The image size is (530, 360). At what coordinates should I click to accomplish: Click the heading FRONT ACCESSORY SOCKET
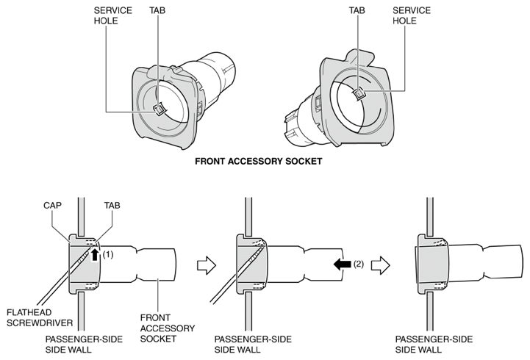[x=258, y=162]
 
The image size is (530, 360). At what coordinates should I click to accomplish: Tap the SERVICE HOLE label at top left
[x=112, y=15]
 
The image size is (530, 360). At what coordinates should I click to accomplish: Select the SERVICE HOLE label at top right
[x=412, y=15]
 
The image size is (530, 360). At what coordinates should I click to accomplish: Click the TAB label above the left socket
[x=157, y=10]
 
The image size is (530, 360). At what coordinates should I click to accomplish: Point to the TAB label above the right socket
[x=357, y=10]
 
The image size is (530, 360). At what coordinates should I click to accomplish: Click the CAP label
[x=52, y=205]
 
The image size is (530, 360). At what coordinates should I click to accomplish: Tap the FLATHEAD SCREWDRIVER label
[x=40, y=318]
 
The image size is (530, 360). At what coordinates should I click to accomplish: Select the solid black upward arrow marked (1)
[x=95, y=255]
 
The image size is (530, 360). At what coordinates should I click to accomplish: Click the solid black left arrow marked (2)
[x=343, y=264]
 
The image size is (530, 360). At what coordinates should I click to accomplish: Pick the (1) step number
[x=108, y=254]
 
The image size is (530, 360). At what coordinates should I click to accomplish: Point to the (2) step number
[x=359, y=264]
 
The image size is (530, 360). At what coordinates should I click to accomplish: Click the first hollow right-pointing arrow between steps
[x=206, y=265]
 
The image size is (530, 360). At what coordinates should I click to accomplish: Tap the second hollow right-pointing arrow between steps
[x=380, y=265]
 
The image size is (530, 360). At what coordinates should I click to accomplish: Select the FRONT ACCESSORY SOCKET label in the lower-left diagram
[x=168, y=328]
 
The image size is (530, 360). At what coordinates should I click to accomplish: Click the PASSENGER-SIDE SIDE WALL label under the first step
[x=84, y=344]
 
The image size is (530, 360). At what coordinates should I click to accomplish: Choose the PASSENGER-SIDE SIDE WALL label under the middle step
[x=253, y=344]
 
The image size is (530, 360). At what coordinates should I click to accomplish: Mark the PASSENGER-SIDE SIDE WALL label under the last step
[x=434, y=344]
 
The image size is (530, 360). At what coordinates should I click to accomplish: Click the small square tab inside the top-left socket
[x=158, y=109]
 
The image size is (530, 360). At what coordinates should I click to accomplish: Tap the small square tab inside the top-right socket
[x=359, y=93]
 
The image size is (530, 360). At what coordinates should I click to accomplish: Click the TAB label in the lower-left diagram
[x=112, y=205]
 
